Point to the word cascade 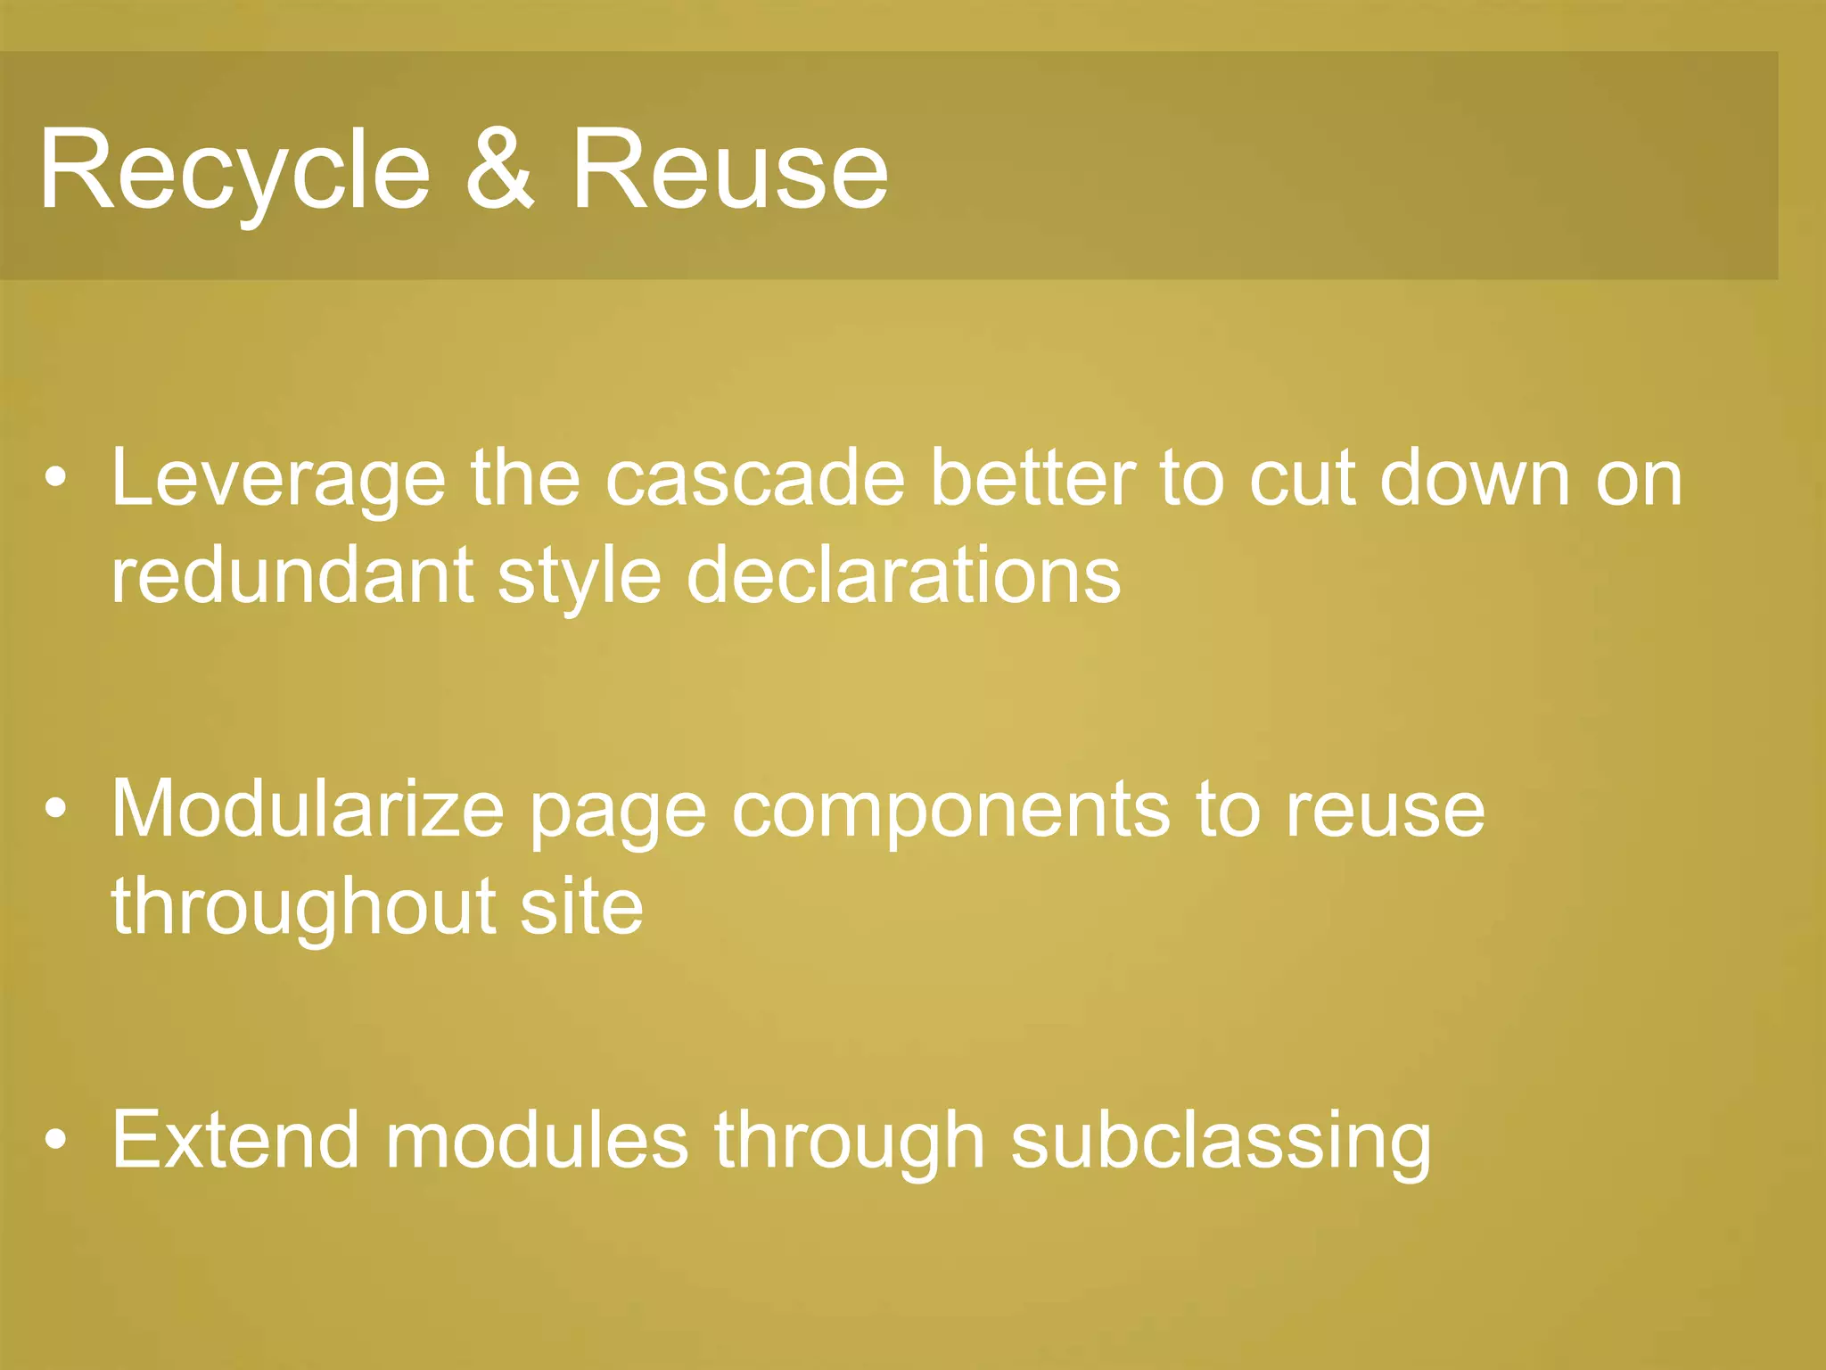click(754, 479)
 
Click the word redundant click(292, 575)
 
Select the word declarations click(903, 575)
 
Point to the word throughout click(303, 907)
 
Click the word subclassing click(1221, 1142)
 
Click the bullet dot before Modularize click(56, 808)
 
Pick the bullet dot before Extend click(56, 1139)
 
